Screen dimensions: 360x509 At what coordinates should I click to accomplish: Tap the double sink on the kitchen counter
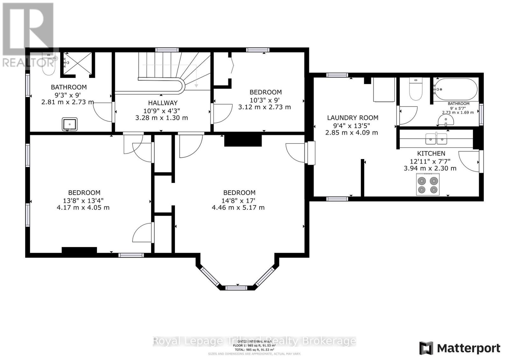436,139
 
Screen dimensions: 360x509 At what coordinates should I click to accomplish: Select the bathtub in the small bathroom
456,89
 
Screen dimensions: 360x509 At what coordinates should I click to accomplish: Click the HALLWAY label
163,103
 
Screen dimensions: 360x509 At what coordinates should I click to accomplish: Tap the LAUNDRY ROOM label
352,118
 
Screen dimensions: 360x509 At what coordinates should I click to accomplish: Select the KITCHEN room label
431,153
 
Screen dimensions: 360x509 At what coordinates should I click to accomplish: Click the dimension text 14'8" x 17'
239,200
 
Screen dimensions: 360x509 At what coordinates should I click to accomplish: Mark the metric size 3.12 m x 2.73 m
264,107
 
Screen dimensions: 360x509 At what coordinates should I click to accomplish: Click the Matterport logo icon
426,348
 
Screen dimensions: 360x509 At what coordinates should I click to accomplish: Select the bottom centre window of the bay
236,288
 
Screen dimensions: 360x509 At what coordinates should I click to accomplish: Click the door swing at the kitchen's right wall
469,162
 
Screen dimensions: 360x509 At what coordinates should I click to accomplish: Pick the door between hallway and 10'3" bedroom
222,113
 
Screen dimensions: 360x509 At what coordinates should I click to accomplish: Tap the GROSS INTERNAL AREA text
254,341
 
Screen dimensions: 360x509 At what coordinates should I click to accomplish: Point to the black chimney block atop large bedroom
243,140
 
